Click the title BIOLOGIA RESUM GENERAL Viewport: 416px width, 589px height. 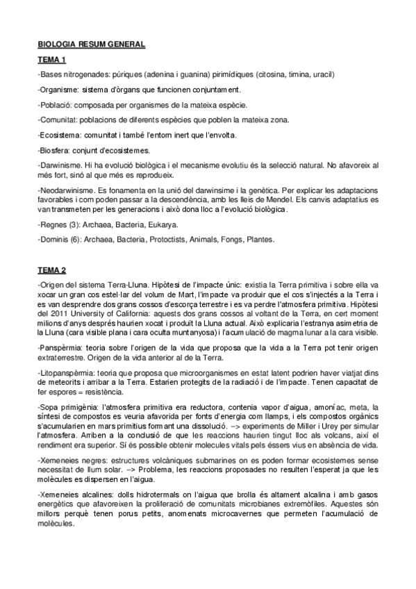91,44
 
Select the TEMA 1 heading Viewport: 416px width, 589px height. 51,60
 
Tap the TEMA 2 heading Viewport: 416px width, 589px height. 51,267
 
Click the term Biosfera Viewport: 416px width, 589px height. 55,149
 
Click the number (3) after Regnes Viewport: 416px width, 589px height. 70,224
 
